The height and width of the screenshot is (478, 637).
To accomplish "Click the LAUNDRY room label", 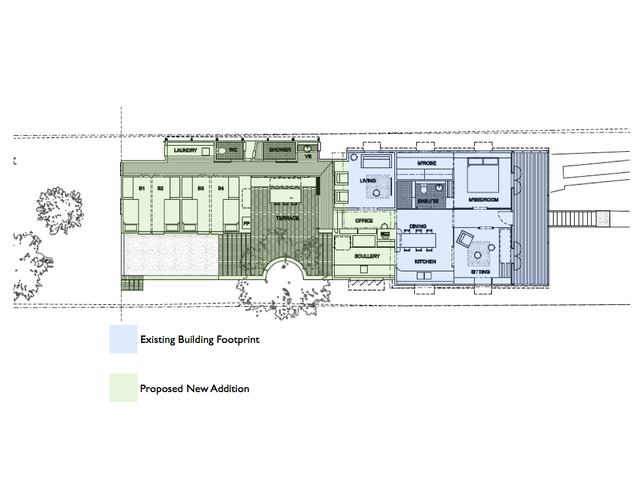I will pyautogui.click(x=185, y=151).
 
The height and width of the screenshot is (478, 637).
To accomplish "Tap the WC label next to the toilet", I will pyautogui.click(x=233, y=150).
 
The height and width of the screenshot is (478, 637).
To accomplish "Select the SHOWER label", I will pyautogui.click(x=280, y=150).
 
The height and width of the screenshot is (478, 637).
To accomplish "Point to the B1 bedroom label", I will pyautogui.click(x=142, y=188).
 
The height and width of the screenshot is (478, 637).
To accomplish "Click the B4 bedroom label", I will pyautogui.click(x=221, y=188).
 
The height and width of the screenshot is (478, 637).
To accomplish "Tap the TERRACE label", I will pyautogui.click(x=287, y=218).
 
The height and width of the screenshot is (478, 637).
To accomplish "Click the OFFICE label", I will pyautogui.click(x=364, y=221).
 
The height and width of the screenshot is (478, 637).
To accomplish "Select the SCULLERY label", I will pyautogui.click(x=367, y=256).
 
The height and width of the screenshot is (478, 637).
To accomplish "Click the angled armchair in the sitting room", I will pyautogui.click(x=465, y=238).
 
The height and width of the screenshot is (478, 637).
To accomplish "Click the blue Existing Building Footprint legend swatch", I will pyautogui.click(x=123, y=340).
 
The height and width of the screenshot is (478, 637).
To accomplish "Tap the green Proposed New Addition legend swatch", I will pyautogui.click(x=123, y=388).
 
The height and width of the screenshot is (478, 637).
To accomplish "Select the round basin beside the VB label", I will pyautogui.click(x=307, y=148).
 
